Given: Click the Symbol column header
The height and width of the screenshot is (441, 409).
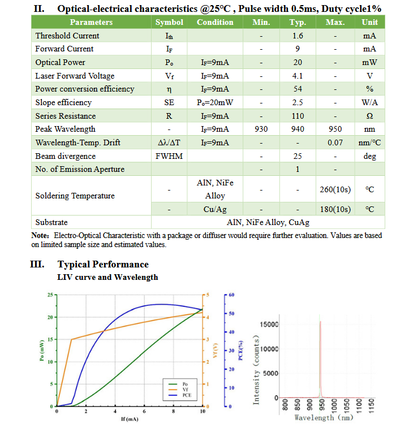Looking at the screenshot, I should tap(169, 22).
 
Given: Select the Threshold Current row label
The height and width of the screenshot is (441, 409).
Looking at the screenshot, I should tap(67, 36).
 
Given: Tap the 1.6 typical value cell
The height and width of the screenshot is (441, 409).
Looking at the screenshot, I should tap(298, 36).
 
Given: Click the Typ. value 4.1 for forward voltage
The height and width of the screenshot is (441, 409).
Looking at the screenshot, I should tap(298, 76).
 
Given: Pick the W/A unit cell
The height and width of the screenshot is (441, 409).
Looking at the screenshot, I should tap(369, 102).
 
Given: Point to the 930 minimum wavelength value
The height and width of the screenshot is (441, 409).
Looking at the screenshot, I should tap(261, 129).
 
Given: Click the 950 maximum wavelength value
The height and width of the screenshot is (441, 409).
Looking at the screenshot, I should tap(335, 129).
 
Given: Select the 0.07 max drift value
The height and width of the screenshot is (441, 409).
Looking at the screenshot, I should tap(335, 142).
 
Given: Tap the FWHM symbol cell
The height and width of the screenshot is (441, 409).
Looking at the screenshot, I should tap(169, 156).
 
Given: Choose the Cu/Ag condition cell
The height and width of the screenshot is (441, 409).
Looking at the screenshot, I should tap(214, 209).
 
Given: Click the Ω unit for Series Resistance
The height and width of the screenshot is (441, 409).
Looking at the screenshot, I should tap(369, 116).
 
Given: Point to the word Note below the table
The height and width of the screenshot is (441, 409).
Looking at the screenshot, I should tap(40, 235).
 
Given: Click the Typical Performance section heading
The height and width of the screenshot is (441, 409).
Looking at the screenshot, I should tap(103, 265).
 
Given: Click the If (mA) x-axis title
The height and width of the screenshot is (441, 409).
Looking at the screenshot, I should tap(130, 419).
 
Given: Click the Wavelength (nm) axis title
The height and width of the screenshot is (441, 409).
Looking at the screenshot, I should tap(324, 418).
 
